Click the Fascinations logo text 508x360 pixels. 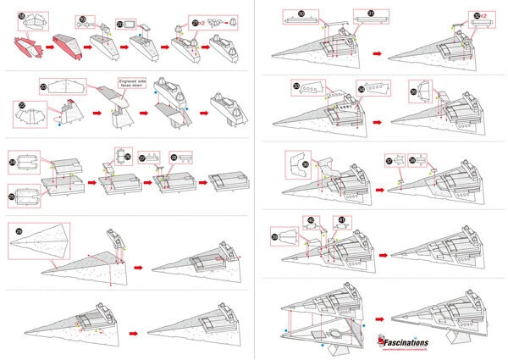pyautogui.click(x=412, y=338)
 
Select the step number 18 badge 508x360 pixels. pyautogui.click(x=22, y=15)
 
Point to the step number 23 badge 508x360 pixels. pyautogui.click(x=44, y=87)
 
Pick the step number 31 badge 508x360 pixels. pyautogui.click(x=371, y=13)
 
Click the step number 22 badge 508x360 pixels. pyautogui.click(x=22, y=107)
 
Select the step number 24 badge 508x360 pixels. pyautogui.click(x=12, y=160)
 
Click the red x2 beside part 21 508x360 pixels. pyautogui.click(x=203, y=25)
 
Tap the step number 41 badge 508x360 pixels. pyautogui.click(x=341, y=219)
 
